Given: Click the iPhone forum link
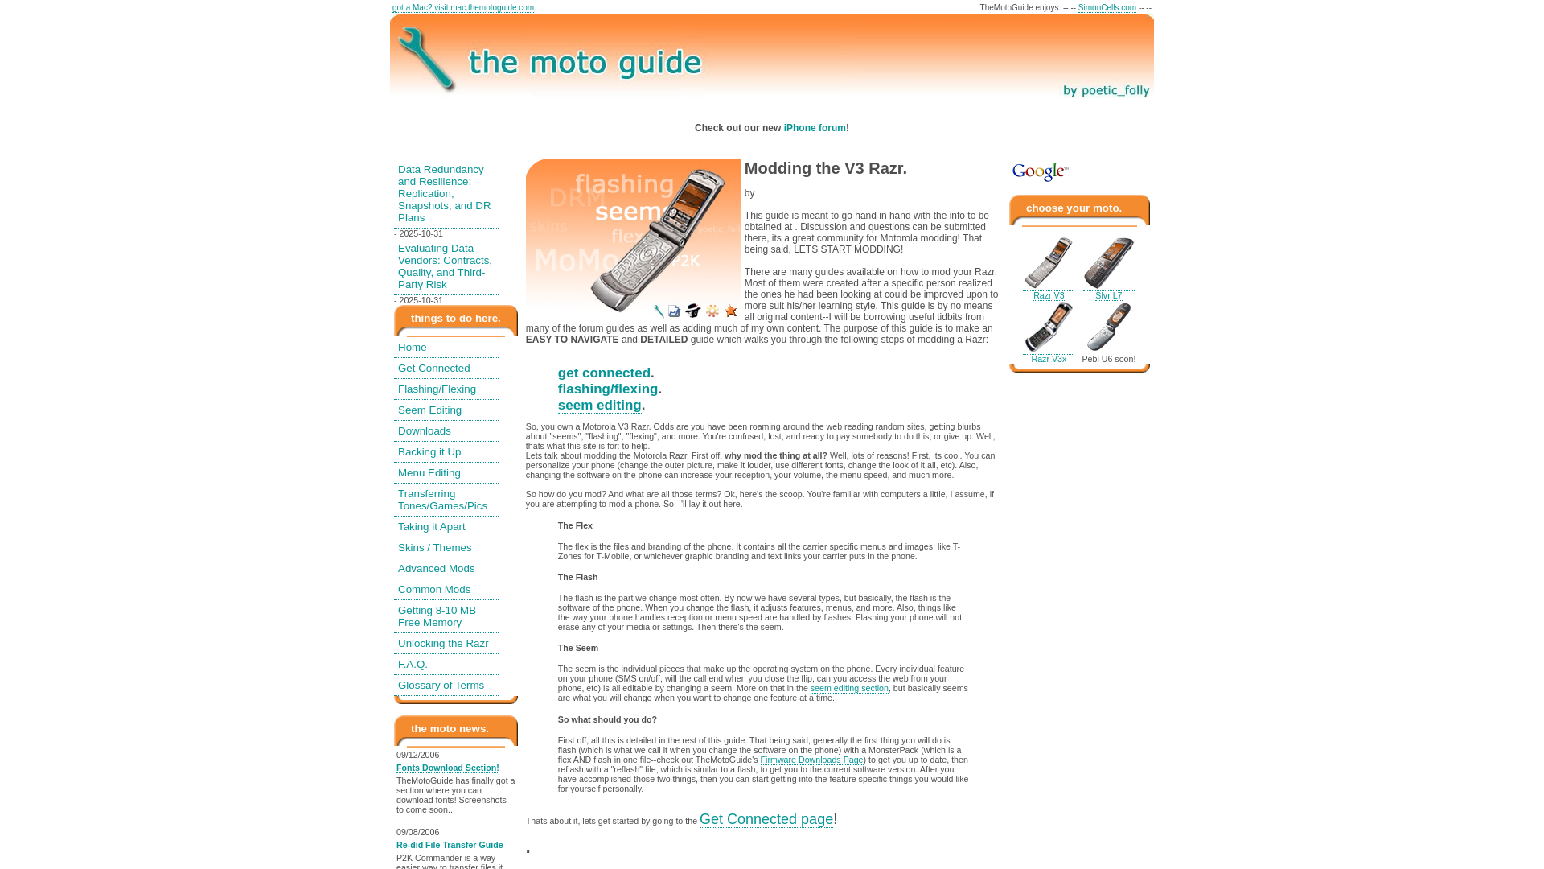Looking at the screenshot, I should [815, 128].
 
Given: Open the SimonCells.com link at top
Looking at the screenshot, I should [1107, 8].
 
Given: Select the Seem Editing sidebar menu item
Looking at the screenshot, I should [429, 410].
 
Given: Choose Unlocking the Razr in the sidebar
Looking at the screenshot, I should [443, 644].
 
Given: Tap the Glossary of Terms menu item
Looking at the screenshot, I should [441, 686].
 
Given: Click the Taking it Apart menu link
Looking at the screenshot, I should [431, 527].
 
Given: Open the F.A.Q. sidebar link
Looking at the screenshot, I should [413, 665].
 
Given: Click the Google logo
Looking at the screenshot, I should [1040, 172].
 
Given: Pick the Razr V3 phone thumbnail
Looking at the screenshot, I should [1048, 263].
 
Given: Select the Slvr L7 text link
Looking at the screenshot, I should [1108, 296].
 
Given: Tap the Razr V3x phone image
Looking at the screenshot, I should [1048, 327].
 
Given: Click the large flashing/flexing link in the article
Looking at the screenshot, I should [608, 389].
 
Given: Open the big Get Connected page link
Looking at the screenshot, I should [766, 819].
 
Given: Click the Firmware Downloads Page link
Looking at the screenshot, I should [811, 760].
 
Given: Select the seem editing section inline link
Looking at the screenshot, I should [849, 689].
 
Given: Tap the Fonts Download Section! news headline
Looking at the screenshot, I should [447, 768].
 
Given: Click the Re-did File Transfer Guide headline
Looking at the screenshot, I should [450, 846].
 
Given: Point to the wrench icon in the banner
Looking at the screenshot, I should [425, 58].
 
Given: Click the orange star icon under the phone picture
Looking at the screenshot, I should [730, 311].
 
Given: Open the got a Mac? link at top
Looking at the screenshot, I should [462, 8].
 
